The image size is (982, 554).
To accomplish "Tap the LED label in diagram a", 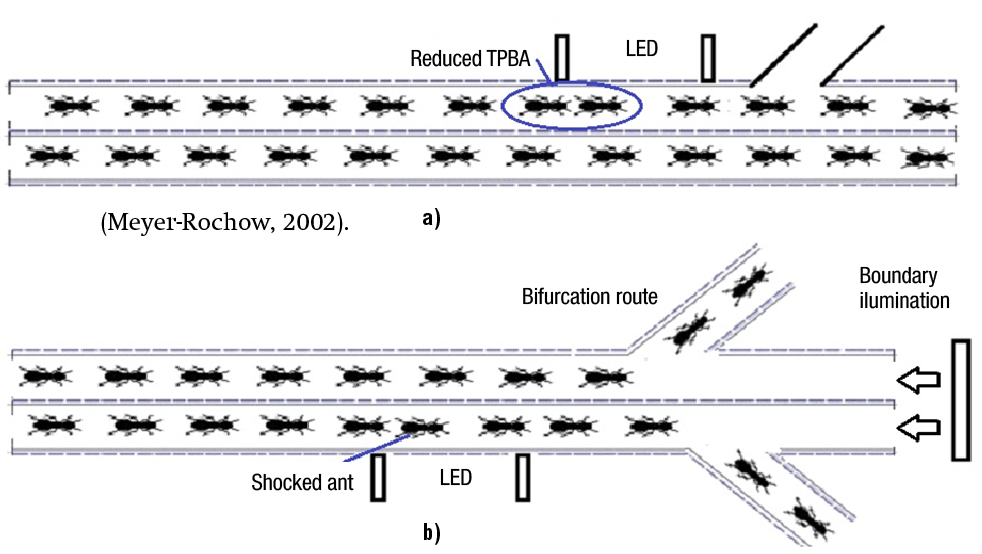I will click(641, 48).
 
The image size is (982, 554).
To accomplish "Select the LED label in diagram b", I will click(455, 478).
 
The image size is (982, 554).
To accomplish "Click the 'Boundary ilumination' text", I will click(903, 287).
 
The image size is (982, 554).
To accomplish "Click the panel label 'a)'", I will click(431, 219).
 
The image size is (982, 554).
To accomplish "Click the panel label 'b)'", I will click(431, 531).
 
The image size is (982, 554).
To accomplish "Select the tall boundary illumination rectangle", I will click(960, 400).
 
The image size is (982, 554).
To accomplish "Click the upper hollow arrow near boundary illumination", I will click(918, 381).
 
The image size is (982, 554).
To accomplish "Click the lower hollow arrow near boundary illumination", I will click(918, 427).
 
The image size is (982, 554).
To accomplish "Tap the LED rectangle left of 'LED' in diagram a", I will click(562, 58).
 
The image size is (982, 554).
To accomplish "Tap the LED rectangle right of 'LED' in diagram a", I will click(708, 58).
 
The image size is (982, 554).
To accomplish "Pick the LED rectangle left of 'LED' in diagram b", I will click(378, 478).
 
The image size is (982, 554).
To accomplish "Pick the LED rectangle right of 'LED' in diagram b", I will click(522, 478).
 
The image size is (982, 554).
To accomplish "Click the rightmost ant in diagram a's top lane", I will click(927, 106).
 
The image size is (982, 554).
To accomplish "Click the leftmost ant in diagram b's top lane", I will click(44, 376).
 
